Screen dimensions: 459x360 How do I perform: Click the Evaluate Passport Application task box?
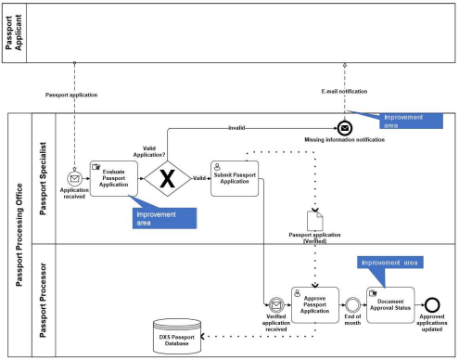click(114, 178)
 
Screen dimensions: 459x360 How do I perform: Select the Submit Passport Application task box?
click(235, 178)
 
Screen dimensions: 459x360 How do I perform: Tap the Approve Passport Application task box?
click(315, 305)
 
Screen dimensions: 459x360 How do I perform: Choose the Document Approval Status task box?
click(390, 305)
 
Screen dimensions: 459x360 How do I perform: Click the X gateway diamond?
click(168, 178)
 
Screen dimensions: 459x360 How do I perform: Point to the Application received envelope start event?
click(74, 178)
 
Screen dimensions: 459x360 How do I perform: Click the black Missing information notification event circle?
click(345, 128)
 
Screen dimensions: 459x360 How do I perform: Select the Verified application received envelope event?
click(276, 305)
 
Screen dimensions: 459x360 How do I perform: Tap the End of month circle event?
click(352, 305)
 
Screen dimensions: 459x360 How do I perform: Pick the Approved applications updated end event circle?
click(432, 305)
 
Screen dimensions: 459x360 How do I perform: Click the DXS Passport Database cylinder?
click(177, 337)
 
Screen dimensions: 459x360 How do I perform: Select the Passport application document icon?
click(315, 221)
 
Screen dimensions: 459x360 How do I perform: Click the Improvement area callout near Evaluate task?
click(164, 218)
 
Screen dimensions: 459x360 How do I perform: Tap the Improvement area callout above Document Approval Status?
click(390, 263)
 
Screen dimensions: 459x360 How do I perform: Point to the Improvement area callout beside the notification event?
click(411, 121)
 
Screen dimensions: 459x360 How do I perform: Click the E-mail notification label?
click(344, 92)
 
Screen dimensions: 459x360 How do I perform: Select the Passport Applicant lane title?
click(14, 32)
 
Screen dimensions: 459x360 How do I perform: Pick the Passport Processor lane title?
click(43, 301)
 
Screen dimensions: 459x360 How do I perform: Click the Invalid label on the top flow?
click(236, 128)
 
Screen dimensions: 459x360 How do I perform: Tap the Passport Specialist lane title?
click(43, 178)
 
